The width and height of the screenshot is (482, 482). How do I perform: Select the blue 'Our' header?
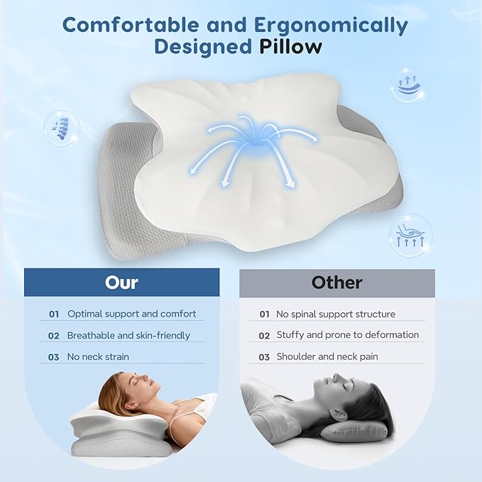(x=121, y=282)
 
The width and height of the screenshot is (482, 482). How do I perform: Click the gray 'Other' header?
(x=336, y=282)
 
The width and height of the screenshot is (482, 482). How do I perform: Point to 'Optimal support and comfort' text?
(x=131, y=314)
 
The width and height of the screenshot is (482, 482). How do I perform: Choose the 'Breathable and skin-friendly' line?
(x=128, y=335)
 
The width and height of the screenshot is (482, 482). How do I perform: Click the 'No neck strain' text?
(x=99, y=357)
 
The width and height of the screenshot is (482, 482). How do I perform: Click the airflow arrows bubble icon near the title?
(x=407, y=86)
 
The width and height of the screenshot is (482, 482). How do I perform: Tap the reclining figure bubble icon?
(x=410, y=235)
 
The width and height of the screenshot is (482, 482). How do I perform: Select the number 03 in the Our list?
(x=53, y=357)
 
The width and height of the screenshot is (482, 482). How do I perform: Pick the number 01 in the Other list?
(x=264, y=314)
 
